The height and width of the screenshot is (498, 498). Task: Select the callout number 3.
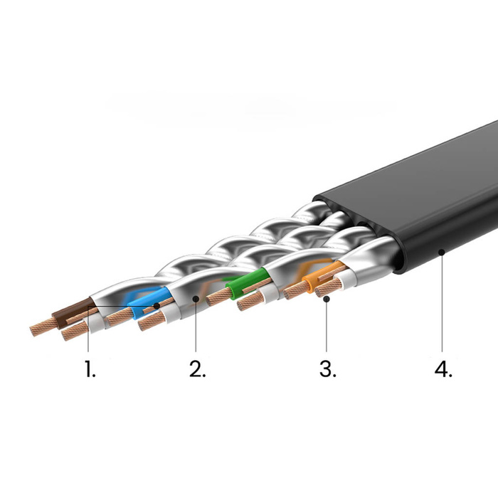coord(327,370)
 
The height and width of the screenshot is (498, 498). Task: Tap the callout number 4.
coord(442,370)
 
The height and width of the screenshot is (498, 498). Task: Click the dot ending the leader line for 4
coord(442,250)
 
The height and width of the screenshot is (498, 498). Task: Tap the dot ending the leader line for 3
coord(327,300)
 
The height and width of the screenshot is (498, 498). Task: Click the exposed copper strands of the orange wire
coord(293,291)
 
